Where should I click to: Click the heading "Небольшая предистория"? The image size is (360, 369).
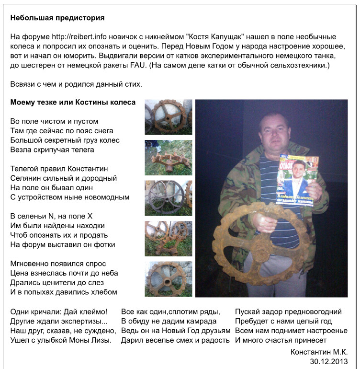click(x=57, y=18)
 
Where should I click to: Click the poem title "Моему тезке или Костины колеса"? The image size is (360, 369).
click(x=73, y=103)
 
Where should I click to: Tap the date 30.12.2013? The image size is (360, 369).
click(x=329, y=361)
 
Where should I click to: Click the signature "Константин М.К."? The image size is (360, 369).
click(x=319, y=352)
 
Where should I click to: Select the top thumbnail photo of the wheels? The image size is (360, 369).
click(x=169, y=117)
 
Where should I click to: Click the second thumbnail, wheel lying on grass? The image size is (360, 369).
click(x=169, y=158)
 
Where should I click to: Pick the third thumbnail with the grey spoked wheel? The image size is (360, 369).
click(x=169, y=198)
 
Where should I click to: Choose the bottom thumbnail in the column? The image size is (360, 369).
click(x=169, y=279)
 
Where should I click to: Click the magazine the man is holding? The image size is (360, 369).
click(x=298, y=183)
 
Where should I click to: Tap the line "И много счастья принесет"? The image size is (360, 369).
click(x=281, y=340)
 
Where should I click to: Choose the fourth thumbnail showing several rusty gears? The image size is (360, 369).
click(x=169, y=239)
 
